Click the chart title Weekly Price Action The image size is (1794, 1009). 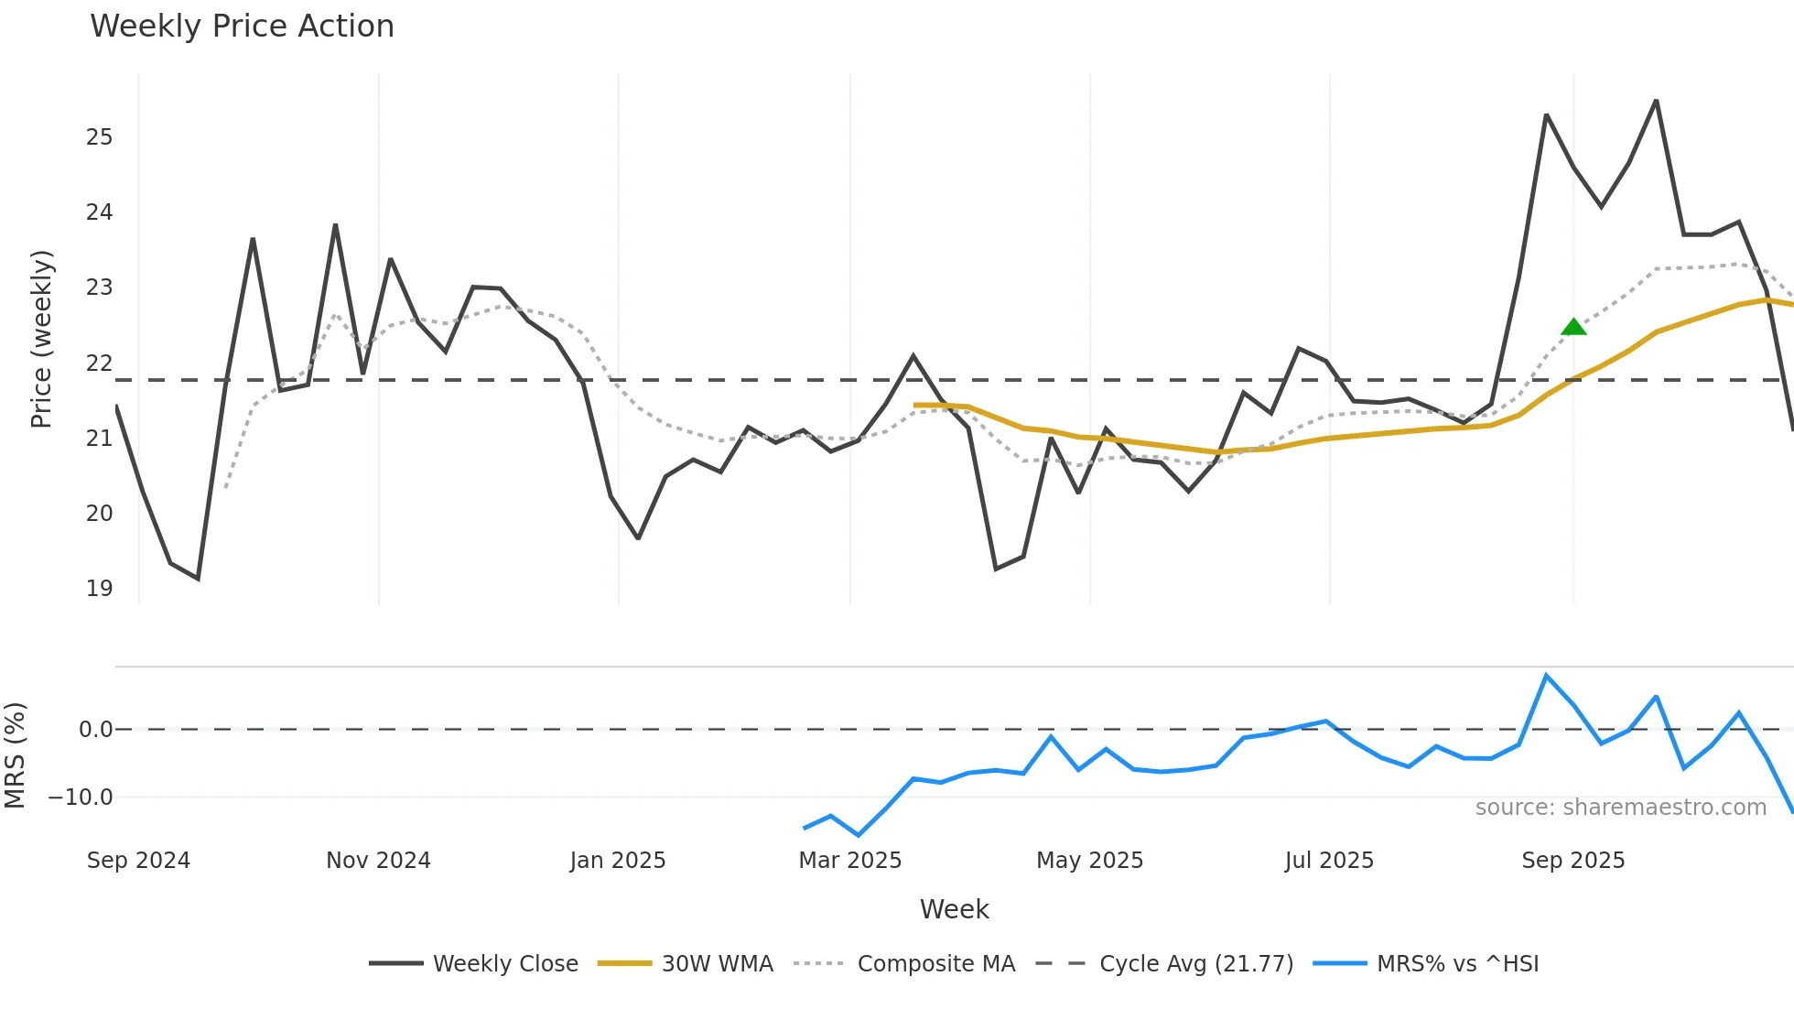(x=242, y=27)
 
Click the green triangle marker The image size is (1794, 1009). (x=1573, y=327)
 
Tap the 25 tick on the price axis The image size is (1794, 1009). (x=99, y=137)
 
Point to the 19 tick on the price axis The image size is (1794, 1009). (x=99, y=589)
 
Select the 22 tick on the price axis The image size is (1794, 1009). (x=99, y=363)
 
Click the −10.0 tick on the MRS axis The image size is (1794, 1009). (x=81, y=797)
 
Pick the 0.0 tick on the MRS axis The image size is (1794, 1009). (x=95, y=730)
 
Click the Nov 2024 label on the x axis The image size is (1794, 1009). (x=378, y=861)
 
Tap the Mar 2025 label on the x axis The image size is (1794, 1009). (x=849, y=861)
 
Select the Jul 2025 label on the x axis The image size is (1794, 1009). (x=1329, y=861)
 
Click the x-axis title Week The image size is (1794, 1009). (x=954, y=909)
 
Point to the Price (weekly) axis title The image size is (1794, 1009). (x=41, y=339)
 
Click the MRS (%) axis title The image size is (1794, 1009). (x=15, y=755)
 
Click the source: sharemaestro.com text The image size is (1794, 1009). (x=1620, y=808)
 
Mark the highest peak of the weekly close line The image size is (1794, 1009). (x=1656, y=101)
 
